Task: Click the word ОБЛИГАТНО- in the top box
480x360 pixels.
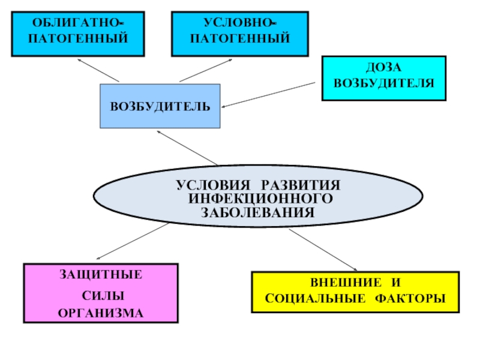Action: pyautogui.click(x=78, y=23)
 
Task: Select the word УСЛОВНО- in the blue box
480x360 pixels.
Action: pyautogui.click(x=240, y=23)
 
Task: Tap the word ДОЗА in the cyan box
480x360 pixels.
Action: pyautogui.click(x=383, y=68)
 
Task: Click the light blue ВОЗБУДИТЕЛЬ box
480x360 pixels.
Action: pyautogui.click(x=160, y=106)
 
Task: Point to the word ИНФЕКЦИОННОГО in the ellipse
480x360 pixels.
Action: pyautogui.click(x=260, y=199)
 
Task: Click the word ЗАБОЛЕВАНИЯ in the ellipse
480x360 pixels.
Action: pyautogui.click(x=258, y=212)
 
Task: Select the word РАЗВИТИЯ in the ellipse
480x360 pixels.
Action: pyautogui.click(x=301, y=185)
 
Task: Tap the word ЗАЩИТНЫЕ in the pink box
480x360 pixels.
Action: pyautogui.click(x=101, y=275)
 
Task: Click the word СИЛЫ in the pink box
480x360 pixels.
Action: pyautogui.click(x=103, y=296)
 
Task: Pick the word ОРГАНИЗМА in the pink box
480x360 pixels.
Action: pyautogui.click(x=101, y=313)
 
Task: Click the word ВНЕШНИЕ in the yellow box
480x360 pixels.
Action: pyautogui.click(x=346, y=283)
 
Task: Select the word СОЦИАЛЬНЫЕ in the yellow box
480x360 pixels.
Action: pyautogui.click(x=316, y=298)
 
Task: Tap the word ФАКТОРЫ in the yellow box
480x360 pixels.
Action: pyautogui.click(x=410, y=298)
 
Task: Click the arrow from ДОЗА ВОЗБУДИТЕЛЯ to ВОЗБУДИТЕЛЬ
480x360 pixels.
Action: pyautogui.click(x=268, y=95)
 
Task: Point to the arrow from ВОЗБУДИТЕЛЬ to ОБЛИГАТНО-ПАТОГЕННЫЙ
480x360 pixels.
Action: pyautogui.click(x=98, y=70)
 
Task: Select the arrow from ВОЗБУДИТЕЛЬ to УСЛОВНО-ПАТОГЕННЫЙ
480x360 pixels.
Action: pyautogui.click(x=206, y=70)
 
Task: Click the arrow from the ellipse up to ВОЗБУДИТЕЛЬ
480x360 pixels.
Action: pyautogui.click(x=187, y=148)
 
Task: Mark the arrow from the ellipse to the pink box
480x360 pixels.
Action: pyautogui.click(x=132, y=241)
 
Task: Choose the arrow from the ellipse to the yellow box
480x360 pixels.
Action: pyautogui.click(x=323, y=250)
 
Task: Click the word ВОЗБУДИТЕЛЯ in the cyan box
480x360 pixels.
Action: pyautogui.click(x=384, y=83)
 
